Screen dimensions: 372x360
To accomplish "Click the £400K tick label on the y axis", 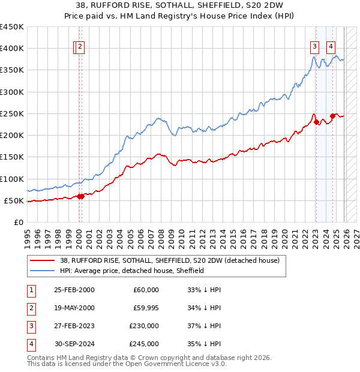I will coord(12,49).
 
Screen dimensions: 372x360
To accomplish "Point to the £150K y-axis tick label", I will coord(12,157).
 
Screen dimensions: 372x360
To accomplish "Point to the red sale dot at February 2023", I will coord(316,122).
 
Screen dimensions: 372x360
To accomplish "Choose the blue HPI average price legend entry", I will coord(132,271).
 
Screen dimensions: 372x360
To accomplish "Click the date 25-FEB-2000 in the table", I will coord(74,290).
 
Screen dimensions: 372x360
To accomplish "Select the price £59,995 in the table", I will coord(146,308).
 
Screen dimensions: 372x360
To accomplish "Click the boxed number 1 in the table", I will coord(30,290).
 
